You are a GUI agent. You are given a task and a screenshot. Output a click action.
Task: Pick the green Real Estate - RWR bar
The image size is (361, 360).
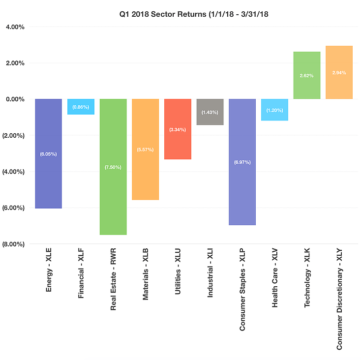pos(113,197)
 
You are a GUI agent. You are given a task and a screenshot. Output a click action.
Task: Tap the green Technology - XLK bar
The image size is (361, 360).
pos(307,89)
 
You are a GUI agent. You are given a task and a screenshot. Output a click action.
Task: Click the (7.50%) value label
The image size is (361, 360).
pos(113,167)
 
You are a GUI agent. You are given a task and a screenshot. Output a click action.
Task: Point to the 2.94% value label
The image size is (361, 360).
pos(339,73)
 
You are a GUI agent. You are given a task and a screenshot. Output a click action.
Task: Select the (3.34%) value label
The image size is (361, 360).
pos(178,129)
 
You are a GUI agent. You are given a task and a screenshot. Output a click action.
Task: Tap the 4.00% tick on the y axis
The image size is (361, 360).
pos(15,27)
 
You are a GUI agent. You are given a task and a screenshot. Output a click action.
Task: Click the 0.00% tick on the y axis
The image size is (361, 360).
pos(15,99)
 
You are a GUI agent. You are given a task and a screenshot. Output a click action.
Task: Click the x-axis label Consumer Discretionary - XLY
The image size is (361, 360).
pos(339,300)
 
